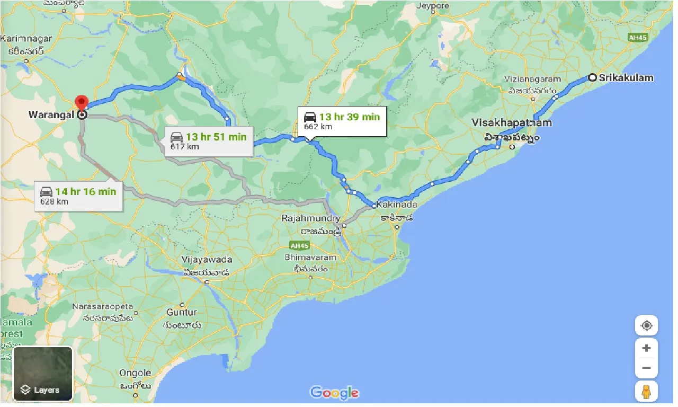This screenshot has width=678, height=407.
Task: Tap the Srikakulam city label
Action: click(626, 78)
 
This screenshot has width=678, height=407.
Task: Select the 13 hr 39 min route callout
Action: click(342, 121)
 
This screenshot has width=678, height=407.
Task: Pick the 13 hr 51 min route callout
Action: click(208, 141)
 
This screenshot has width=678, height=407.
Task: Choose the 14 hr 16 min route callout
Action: click(78, 196)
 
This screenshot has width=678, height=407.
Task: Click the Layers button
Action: click(42, 374)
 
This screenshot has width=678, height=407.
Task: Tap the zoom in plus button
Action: click(646, 348)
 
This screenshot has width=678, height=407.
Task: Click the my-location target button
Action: click(646, 325)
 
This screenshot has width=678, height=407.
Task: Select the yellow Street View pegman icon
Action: click(646, 392)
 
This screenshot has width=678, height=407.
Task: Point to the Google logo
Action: click(334, 393)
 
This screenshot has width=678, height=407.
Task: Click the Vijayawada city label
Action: click(207, 260)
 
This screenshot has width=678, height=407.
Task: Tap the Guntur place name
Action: click(181, 313)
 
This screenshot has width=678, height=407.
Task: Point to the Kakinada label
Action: click(397, 205)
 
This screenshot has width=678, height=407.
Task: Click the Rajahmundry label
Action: click(311, 218)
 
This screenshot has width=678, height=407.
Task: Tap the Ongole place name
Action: click(135, 373)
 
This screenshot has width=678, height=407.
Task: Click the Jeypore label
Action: click(433, 6)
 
